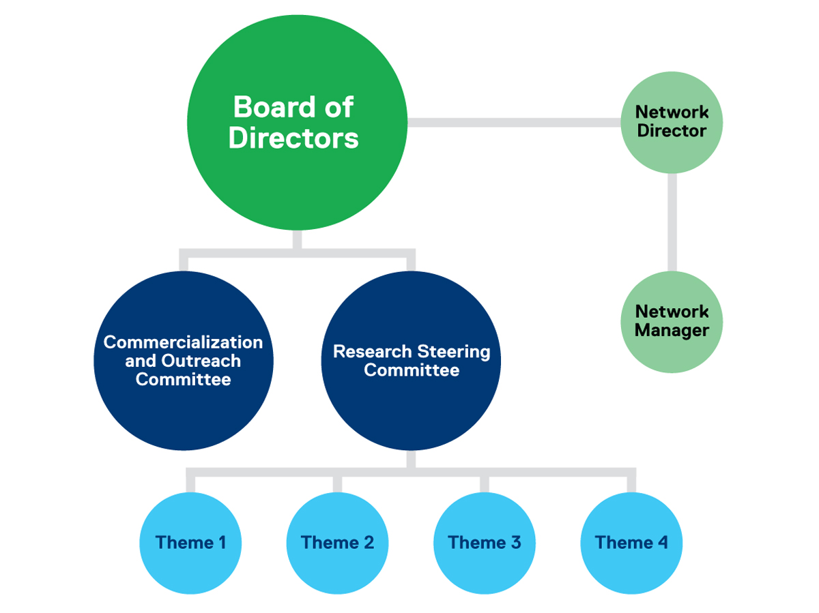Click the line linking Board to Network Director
[x=512, y=123]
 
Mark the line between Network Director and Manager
[x=672, y=222]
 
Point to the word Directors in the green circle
[x=293, y=138]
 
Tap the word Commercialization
[x=183, y=342]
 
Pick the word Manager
[x=672, y=331]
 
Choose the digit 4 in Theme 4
[x=661, y=543]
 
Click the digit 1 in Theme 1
[x=220, y=543]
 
